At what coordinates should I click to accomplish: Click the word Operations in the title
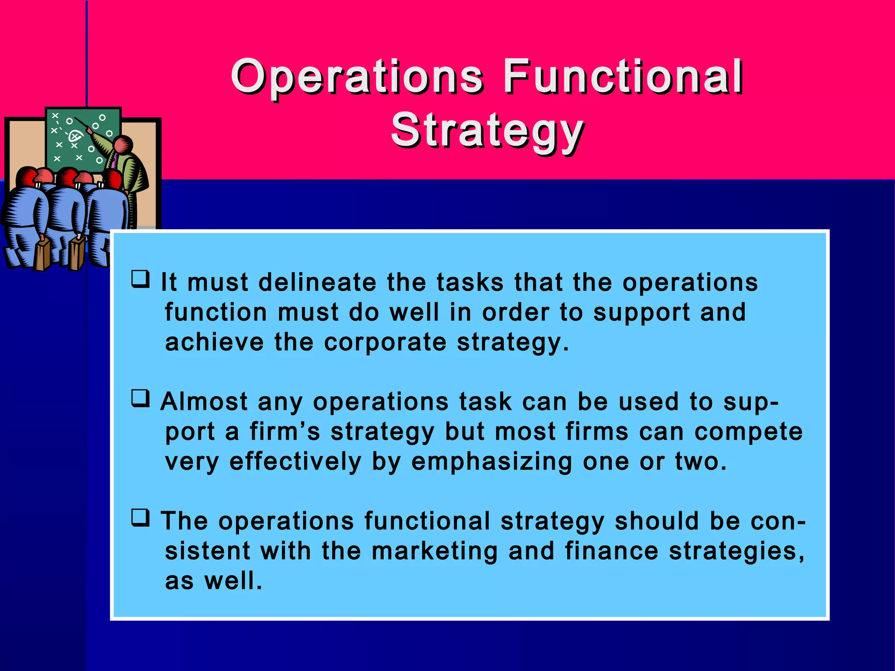357,77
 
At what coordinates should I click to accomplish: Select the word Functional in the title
622,77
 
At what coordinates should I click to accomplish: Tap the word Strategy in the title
487,130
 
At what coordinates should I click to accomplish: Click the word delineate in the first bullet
317,282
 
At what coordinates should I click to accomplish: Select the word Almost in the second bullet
204,401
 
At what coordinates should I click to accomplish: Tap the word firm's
285,432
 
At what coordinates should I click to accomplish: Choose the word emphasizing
492,462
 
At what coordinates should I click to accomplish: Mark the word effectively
295,462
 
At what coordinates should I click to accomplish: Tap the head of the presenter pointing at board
123,145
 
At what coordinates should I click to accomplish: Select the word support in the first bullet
641,313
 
